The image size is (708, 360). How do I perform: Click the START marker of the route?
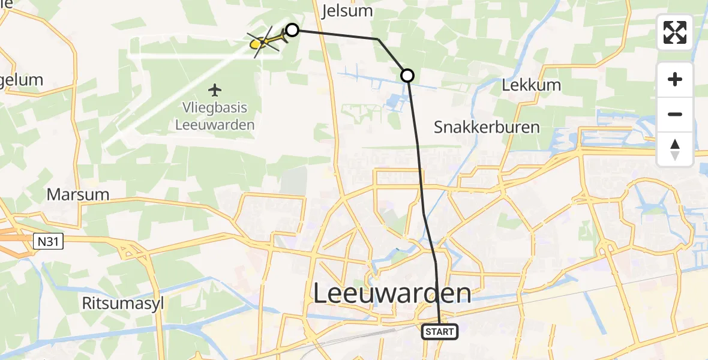pyautogui.click(x=440, y=331)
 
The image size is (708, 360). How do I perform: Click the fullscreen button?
pyautogui.click(x=675, y=32)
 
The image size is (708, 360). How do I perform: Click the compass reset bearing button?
pyautogui.click(x=675, y=149)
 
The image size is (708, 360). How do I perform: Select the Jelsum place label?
pyautogui.click(x=347, y=11)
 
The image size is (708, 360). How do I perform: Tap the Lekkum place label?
pyautogui.click(x=531, y=85)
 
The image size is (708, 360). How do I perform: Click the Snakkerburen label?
pyautogui.click(x=487, y=127)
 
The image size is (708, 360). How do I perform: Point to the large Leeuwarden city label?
pyautogui.click(x=392, y=294)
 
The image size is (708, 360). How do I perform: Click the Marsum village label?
pyautogui.click(x=78, y=194)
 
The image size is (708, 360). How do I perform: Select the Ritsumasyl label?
pyautogui.click(x=123, y=303)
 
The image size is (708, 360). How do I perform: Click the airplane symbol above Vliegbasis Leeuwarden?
pyautogui.click(x=214, y=91)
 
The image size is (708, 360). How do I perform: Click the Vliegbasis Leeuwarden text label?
pyautogui.click(x=214, y=116)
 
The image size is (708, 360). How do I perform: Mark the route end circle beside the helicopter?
pyautogui.click(x=292, y=29)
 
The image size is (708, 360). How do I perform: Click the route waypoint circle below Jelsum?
pyautogui.click(x=407, y=75)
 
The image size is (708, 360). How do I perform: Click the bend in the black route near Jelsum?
pyautogui.click(x=378, y=39)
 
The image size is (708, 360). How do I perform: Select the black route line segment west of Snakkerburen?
pyautogui.click(x=415, y=132)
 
